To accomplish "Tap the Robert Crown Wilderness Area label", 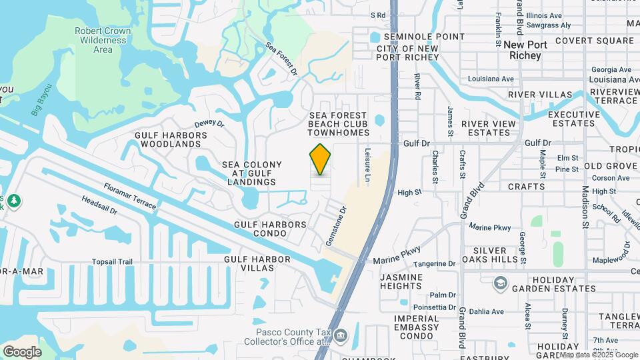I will click(103, 40).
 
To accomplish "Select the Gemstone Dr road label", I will click(337, 226).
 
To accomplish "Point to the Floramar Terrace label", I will click(130, 197).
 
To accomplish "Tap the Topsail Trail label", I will click(108, 261).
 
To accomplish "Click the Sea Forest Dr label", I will click(280, 57).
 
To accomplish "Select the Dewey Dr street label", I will click(209, 124).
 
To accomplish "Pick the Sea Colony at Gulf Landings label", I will click(252, 173).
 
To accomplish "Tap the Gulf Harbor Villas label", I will click(257, 263).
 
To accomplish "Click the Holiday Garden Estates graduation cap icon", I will click(499, 283).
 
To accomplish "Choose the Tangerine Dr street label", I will click(433, 264).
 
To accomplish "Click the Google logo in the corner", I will click(22, 352).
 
